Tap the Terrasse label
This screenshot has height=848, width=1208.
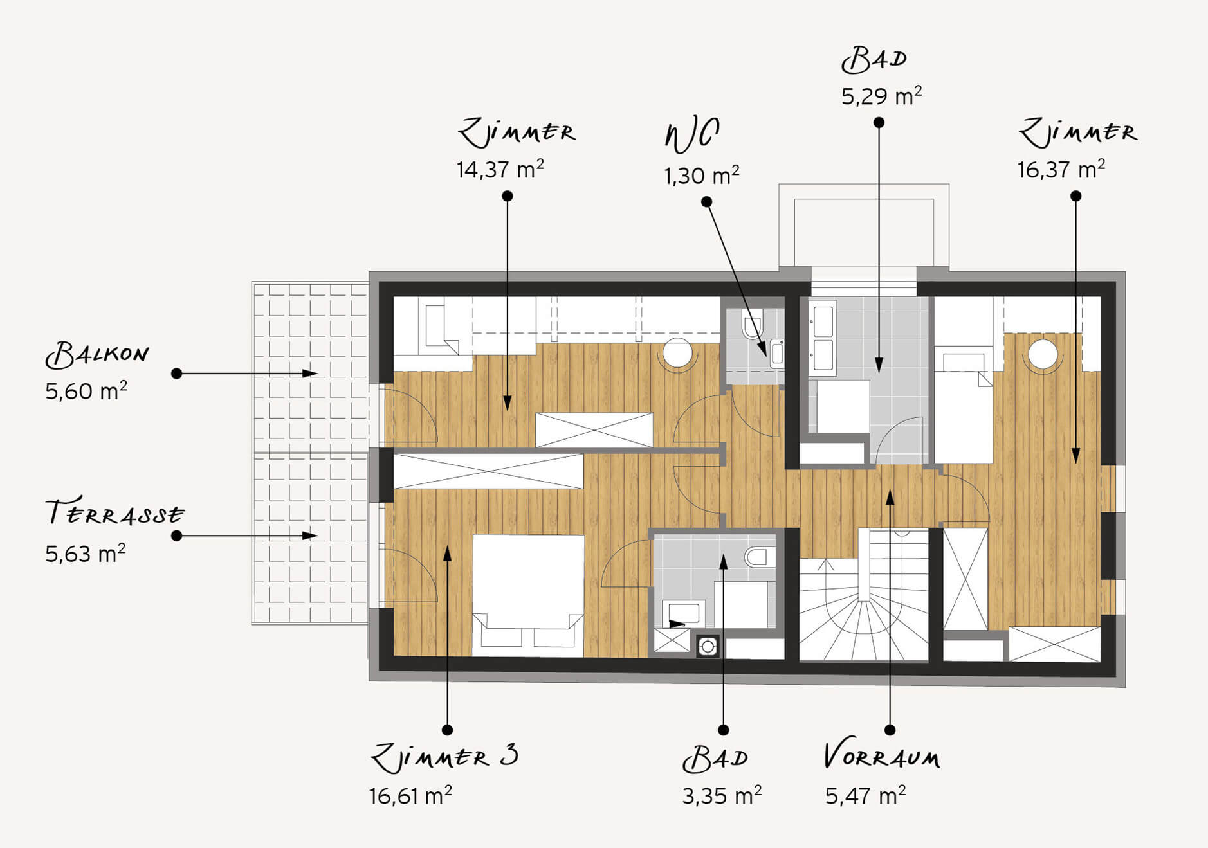pyautogui.click(x=115, y=513)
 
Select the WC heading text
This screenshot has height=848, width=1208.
pyautogui.click(x=692, y=136)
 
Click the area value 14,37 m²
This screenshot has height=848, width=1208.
pyautogui.click(x=500, y=169)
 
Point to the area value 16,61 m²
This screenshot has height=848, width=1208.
pyautogui.click(x=410, y=796)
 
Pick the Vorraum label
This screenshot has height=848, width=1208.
pyautogui.click(x=882, y=756)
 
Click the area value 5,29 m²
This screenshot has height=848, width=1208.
pyautogui.click(x=882, y=96)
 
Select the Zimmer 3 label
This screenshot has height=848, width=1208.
pyautogui.click(x=444, y=758)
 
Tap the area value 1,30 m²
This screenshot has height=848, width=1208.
pyautogui.click(x=702, y=175)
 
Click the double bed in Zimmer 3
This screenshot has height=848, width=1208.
pyautogui.click(x=529, y=595)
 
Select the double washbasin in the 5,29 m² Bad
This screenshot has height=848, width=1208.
pyautogui.click(x=823, y=338)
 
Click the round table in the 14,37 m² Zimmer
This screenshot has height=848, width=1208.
pyautogui.click(x=677, y=353)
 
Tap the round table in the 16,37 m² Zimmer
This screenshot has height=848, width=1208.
pyautogui.click(x=1043, y=354)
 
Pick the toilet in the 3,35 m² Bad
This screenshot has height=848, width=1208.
pyautogui.click(x=760, y=556)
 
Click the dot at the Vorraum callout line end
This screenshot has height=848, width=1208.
pyautogui.click(x=890, y=730)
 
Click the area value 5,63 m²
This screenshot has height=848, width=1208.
pyautogui.click(x=86, y=554)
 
